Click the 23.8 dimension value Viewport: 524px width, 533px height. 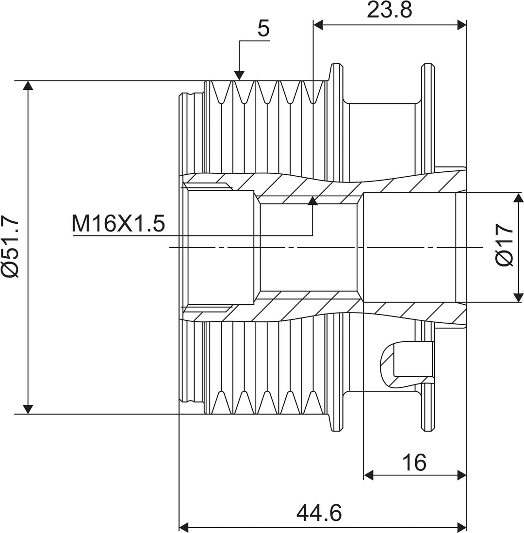[x=390, y=10]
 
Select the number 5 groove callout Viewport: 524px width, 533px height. [x=263, y=28]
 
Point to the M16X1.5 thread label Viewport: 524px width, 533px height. [x=118, y=223]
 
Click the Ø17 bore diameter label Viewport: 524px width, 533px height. [x=504, y=245]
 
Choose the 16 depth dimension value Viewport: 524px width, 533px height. [x=414, y=462]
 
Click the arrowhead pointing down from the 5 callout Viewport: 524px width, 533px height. [x=239, y=75]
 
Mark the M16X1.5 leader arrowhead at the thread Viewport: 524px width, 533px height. [x=312, y=201]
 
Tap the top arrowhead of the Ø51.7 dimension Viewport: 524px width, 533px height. [x=28, y=85]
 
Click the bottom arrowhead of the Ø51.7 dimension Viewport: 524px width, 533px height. [x=28, y=409]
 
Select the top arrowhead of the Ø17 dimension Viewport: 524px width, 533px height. [x=519, y=197]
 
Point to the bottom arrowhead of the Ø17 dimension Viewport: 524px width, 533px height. [x=519, y=298]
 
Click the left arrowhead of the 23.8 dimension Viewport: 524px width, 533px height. [x=318, y=25]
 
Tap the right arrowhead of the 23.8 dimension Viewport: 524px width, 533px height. [x=462, y=25]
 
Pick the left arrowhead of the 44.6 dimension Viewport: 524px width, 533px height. [x=184, y=527]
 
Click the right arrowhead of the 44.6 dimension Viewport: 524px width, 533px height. [x=462, y=527]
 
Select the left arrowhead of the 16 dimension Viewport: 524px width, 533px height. [x=368, y=475]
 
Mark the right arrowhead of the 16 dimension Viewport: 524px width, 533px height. [x=462, y=475]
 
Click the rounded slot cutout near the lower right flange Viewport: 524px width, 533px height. [x=407, y=365]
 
